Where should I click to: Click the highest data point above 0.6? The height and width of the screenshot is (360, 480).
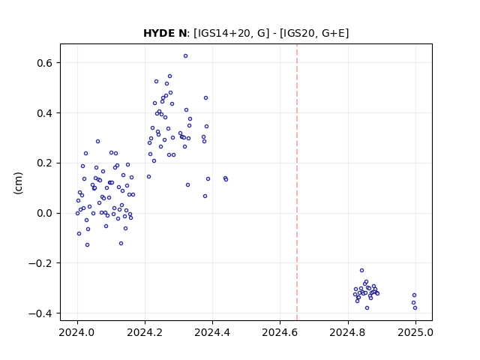point(185,56)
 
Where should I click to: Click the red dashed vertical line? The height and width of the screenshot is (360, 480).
point(297,182)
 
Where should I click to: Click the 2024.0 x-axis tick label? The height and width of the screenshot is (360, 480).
point(77,332)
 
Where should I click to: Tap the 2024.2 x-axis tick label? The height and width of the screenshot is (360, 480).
point(145,332)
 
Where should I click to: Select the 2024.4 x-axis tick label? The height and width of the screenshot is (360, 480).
point(212,332)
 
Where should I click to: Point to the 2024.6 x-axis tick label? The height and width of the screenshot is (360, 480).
point(280,332)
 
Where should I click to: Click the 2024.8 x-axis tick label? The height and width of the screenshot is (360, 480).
point(348,332)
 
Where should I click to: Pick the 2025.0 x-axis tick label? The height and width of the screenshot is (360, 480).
point(415,332)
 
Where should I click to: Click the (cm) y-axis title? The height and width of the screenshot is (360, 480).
point(18,183)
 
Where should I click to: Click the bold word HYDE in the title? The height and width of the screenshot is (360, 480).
point(158,33)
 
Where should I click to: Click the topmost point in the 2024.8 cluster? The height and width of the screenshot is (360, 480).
point(361,270)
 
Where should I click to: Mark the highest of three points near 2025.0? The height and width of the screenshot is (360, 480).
point(414,295)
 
